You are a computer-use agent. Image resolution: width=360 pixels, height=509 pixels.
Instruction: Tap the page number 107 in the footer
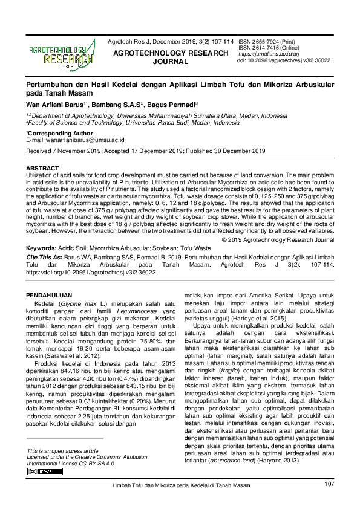(329, 484)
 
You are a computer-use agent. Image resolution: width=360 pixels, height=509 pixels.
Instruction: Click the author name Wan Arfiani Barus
(56, 104)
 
